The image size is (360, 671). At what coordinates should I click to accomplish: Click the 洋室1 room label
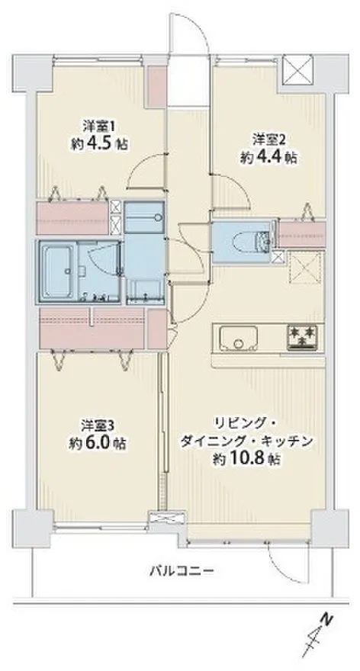(x=99, y=127)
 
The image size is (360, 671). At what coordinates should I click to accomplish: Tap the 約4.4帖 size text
(x=268, y=158)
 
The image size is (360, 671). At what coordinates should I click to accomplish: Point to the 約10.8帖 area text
(x=247, y=459)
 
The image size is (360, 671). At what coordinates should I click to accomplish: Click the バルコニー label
(x=181, y=570)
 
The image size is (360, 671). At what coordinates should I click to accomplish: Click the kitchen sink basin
(x=239, y=338)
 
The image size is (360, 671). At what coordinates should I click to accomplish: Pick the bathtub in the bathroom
(x=59, y=271)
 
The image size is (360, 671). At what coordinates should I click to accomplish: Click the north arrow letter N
(x=327, y=618)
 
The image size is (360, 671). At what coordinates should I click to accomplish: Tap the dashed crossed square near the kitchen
(x=305, y=268)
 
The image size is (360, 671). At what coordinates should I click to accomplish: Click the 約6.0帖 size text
(x=98, y=442)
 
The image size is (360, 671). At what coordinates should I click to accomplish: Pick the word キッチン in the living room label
(x=291, y=441)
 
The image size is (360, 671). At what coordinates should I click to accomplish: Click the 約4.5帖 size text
(x=99, y=144)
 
